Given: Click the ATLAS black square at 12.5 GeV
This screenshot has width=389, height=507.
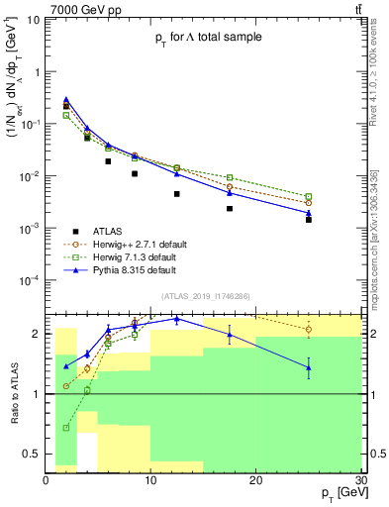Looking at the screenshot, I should click(177, 194).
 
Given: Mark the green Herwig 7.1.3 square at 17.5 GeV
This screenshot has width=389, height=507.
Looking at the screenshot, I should click(230, 177).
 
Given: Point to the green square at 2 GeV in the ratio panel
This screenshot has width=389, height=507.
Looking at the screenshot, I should click(66, 428).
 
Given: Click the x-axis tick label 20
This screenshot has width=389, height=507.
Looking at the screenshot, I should click(255, 479).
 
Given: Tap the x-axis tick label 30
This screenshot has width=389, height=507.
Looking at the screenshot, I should click(359, 479).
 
